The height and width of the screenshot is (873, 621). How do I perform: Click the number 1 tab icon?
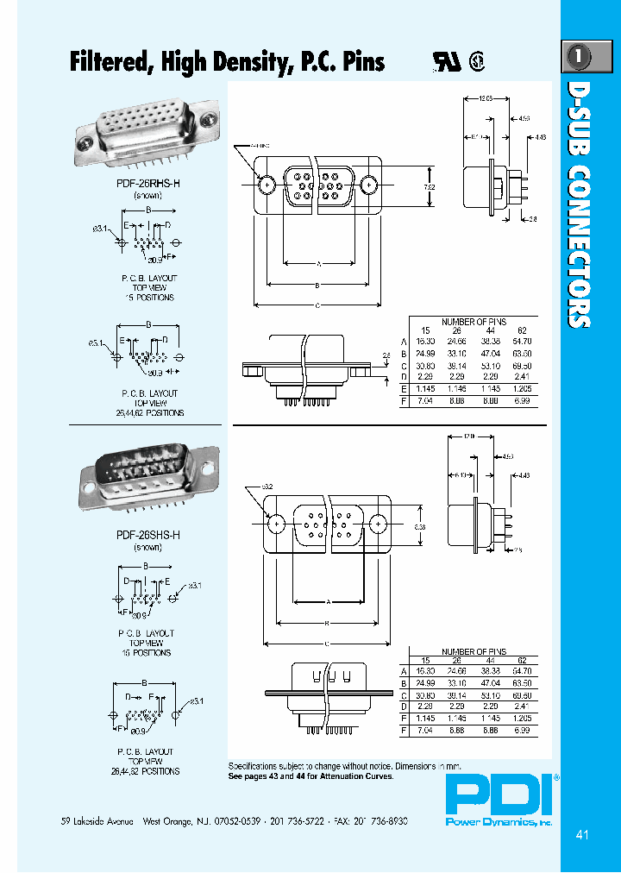[579, 57]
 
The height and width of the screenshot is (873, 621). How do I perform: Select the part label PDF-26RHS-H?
[147, 185]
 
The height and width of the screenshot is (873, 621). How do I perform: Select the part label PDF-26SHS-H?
[147, 535]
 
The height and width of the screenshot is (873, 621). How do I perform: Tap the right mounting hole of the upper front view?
[369, 185]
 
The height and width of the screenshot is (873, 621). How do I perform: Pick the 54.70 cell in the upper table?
[523, 342]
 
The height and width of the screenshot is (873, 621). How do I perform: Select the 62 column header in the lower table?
[523, 661]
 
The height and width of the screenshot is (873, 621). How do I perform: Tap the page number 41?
[581, 835]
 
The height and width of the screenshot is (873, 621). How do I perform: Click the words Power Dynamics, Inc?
[499, 822]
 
